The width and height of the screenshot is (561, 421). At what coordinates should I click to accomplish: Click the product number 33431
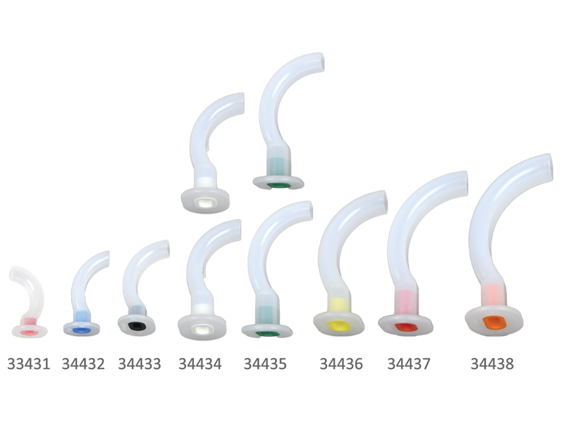tap(29, 364)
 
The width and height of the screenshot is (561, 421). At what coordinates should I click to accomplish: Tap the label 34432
tap(84, 364)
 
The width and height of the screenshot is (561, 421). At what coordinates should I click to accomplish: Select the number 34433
tap(139, 364)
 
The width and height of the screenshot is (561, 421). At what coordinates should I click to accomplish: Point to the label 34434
tap(201, 364)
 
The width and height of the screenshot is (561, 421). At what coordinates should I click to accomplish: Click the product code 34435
tap(265, 364)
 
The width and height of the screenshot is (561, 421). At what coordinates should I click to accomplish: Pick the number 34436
tap(341, 364)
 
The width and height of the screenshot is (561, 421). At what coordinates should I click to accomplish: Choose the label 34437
tap(409, 364)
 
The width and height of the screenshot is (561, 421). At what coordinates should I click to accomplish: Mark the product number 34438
tap(493, 364)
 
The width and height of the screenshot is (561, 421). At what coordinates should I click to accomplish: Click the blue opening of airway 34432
tap(81, 330)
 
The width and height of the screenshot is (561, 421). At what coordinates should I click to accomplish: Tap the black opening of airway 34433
tap(136, 326)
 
